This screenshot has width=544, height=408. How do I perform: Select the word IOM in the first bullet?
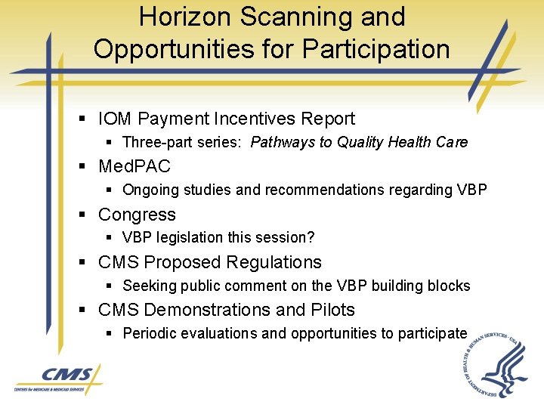[116, 119]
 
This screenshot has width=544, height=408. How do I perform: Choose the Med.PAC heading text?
[134, 166]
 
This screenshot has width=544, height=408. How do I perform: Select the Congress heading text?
[137, 215]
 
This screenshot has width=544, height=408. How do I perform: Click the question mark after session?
[311, 237]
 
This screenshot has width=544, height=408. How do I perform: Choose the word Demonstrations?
[206, 310]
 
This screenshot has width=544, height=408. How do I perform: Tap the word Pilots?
[332, 310]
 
